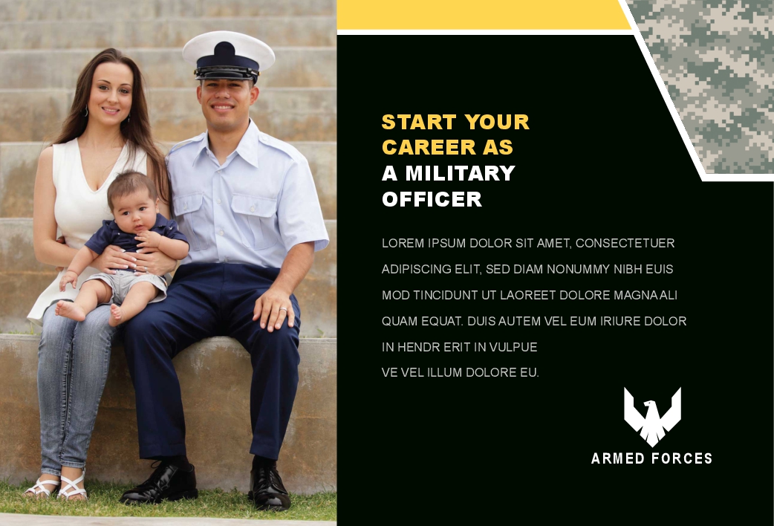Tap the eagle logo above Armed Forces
coord(652,417)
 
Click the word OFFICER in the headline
coord(432,199)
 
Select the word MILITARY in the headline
coord(460,173)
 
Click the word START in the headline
coord(419,122)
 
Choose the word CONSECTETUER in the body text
coord(625,243)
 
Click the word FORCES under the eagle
coord(682,458)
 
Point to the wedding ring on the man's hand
coord(283,310)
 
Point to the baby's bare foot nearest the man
coord(116,314)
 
